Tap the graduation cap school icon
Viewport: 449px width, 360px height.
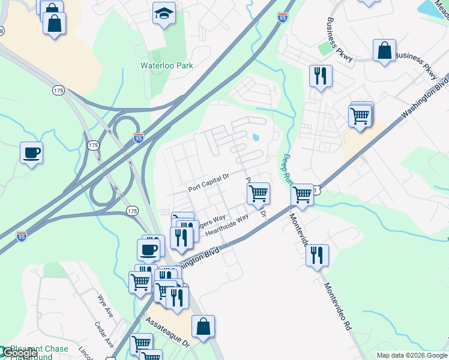[164, 13]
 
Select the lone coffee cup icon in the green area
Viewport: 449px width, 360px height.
[31, 152]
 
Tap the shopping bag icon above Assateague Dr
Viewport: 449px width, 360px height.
[203, 326]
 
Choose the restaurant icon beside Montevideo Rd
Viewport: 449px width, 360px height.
[317, 254]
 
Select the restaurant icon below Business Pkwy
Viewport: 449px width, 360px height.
[320, 76]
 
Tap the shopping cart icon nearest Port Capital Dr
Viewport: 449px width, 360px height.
[258, 193]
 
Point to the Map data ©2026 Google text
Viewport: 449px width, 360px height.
[411, 355]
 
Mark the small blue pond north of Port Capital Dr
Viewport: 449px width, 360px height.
[256, 137]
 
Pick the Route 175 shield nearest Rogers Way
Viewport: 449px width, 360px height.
[133, 211]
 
